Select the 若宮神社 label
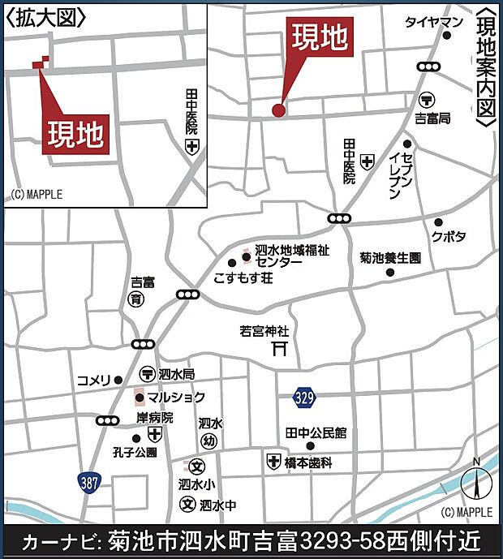click(x=264, y=331)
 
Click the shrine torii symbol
click(x=281, y=349)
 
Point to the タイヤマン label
click(x=434, y=22)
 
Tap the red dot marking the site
click(x=278, y=110)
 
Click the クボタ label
click(x=449, y=236)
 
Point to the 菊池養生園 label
click(x=390, y=258)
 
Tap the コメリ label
click(x=93, y=380)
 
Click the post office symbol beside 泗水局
click(x=147, y=375)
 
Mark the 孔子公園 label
click(x=135, y=452)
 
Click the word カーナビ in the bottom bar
click(x=60, y=540)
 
